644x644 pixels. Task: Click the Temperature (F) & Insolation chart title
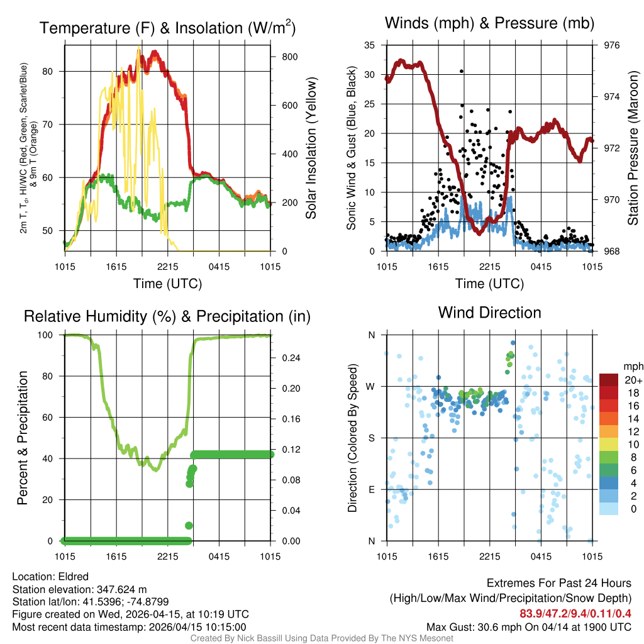click(x=167, y=28)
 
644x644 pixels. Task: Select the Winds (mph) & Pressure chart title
click(x=489, y=23)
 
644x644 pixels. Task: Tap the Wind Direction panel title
click(x=489, y=312)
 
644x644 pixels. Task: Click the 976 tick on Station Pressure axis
click(x=611, y=45)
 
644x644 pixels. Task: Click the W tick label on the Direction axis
click(x=371, y=386)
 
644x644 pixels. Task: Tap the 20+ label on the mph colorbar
click(x=632, y=380)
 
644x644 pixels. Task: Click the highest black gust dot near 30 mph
click(x=461, y=72)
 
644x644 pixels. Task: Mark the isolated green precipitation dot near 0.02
click(x=188, y=525)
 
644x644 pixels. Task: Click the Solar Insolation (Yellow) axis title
click(x=311, y=148)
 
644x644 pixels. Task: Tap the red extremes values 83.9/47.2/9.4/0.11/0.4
click(x=575, y=613)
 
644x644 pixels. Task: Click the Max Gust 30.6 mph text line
click(x=528, y=626)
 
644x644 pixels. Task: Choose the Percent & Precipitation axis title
click(x=23, y=438)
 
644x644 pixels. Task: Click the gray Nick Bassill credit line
click(x=321, y=638)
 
